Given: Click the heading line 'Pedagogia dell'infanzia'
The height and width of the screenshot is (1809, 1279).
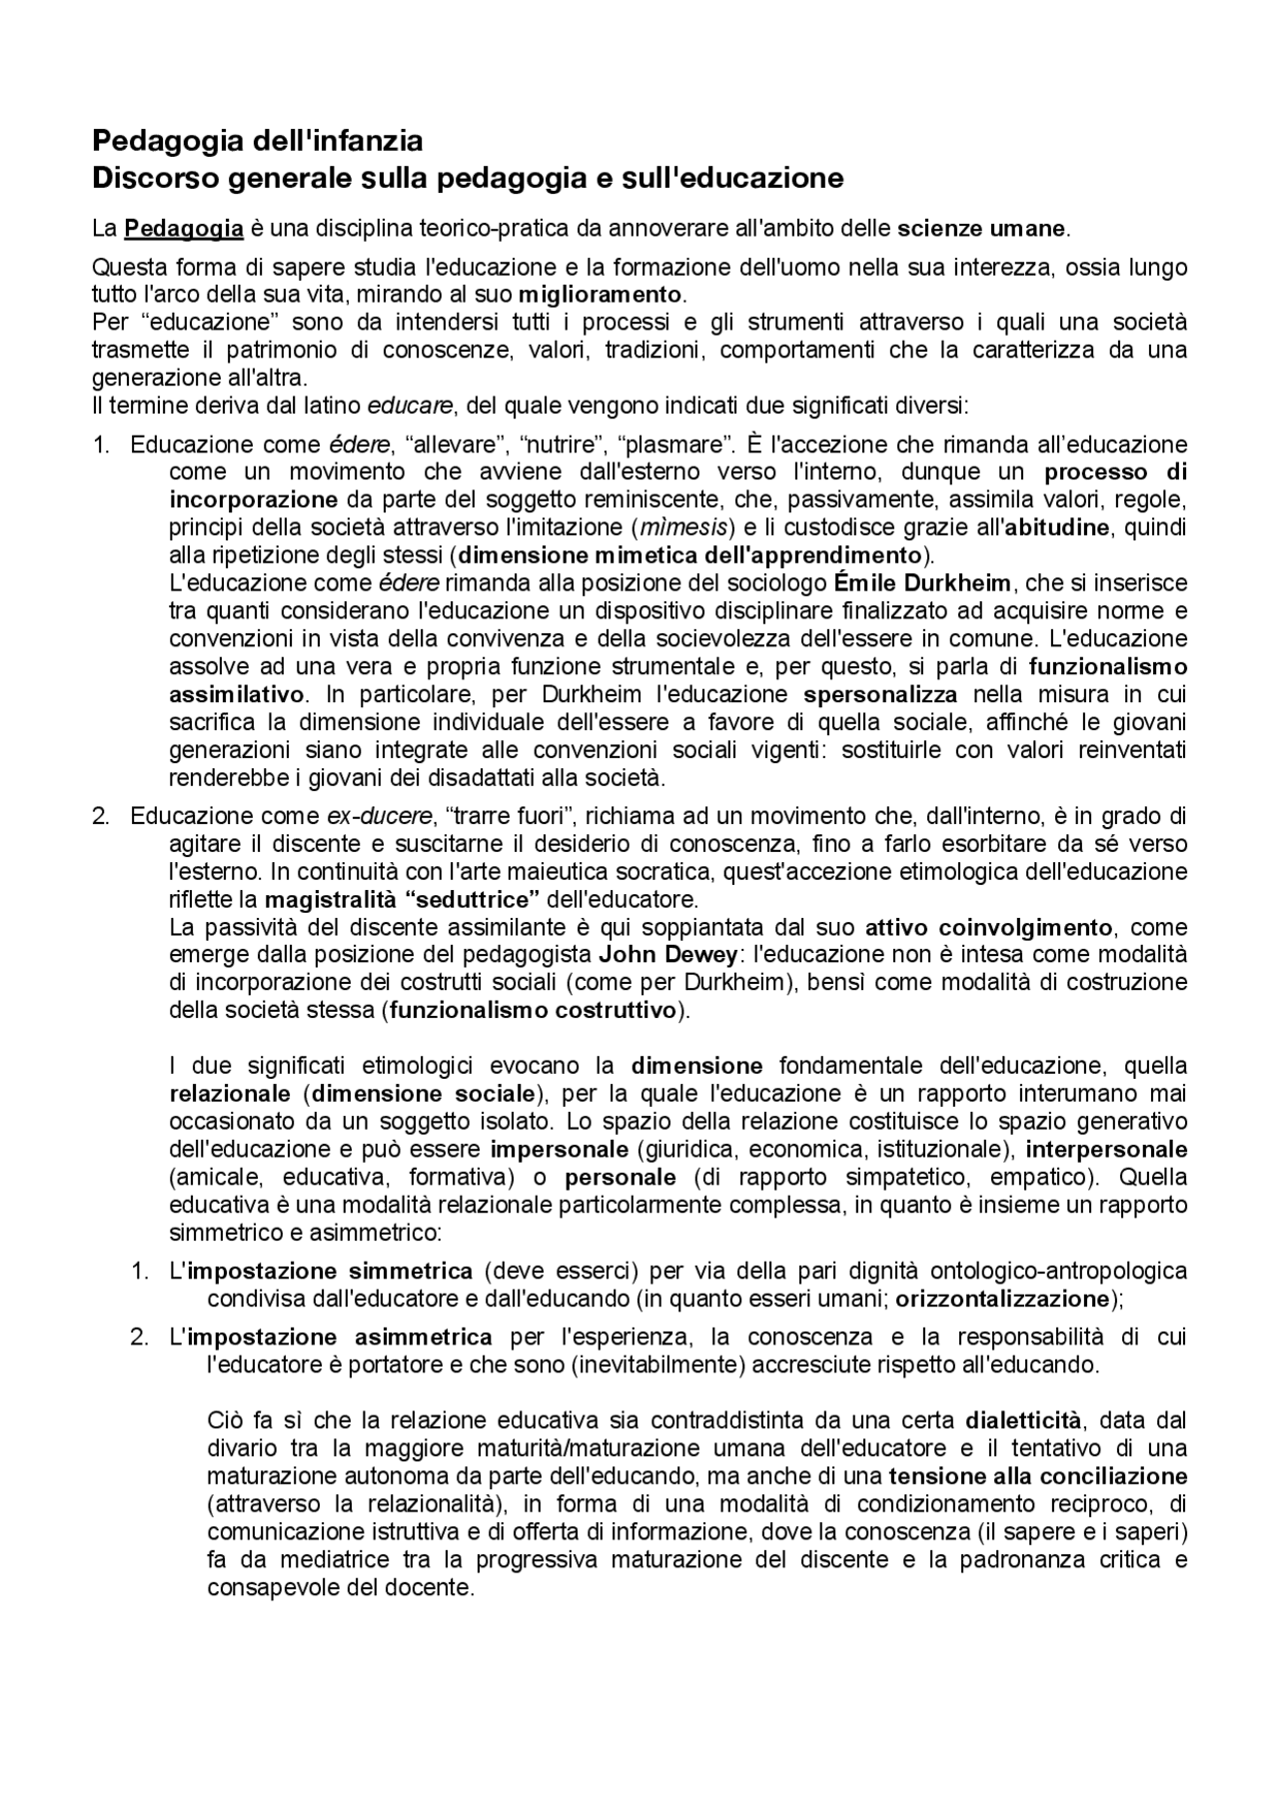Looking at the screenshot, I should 257,139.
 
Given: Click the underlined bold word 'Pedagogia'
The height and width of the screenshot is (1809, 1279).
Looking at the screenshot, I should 184,229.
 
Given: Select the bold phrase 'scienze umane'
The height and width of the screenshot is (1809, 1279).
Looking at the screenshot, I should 981,229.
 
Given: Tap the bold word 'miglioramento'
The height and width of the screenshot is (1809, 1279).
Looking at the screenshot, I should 600,296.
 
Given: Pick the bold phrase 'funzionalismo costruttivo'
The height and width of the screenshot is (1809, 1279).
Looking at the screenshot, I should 534,1010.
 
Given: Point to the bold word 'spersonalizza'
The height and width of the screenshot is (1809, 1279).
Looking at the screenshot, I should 880,694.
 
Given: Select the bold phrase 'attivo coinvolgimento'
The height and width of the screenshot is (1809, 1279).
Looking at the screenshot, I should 988,926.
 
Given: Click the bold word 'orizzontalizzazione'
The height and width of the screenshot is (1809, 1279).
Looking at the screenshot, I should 1002,1300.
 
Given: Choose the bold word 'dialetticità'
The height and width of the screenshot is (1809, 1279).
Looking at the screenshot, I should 1023,1420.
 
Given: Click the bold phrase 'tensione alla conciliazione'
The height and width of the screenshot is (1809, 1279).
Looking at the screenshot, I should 1037,1476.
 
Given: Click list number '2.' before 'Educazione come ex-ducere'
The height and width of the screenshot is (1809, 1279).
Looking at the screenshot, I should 101,816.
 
